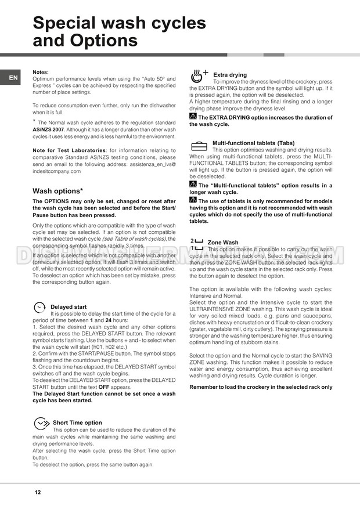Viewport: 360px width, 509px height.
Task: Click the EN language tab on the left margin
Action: [13, 78]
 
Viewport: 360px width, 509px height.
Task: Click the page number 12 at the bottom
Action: [37, 492]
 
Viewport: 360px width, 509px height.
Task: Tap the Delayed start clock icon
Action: [39, 306]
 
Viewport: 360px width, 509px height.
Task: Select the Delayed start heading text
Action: [69, 307]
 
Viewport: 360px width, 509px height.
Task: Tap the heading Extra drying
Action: [230, 75]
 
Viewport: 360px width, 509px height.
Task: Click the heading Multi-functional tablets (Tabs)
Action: [253, 143]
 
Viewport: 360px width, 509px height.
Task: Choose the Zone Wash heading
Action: [222, 243]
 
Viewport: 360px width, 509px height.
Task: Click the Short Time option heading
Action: [77, 423]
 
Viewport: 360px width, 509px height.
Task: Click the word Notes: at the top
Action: [41, 72]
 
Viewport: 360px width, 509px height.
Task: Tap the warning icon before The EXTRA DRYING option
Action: [193, 117]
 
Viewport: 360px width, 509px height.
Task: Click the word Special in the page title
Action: [71, 23]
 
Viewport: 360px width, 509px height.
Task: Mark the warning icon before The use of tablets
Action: [193, 201]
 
